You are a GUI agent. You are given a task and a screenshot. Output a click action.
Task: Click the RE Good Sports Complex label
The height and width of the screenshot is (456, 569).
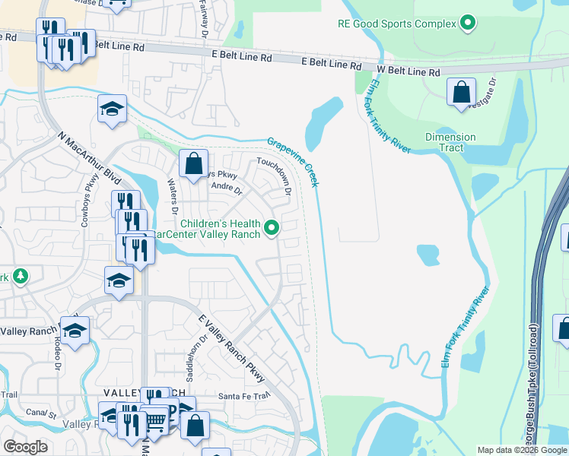coord(396,24)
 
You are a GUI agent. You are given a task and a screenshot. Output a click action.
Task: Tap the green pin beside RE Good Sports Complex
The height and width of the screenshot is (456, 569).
coord(468,24)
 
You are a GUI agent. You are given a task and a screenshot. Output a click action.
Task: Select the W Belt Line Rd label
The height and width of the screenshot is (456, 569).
coord(408,71)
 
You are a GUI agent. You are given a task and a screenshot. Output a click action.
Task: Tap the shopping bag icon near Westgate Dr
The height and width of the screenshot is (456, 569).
coord(461,93)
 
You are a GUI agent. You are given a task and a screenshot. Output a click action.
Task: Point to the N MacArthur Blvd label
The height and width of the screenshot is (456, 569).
coord(90,160)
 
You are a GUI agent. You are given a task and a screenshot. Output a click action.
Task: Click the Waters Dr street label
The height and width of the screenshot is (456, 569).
coord(174,197)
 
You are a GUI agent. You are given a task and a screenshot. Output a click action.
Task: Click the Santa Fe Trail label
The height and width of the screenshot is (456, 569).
coord(244,396)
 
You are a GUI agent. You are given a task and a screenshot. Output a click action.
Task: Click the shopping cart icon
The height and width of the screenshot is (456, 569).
coord(154,420)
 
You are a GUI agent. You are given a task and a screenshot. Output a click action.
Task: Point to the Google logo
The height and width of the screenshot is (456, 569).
coord(25,447)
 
